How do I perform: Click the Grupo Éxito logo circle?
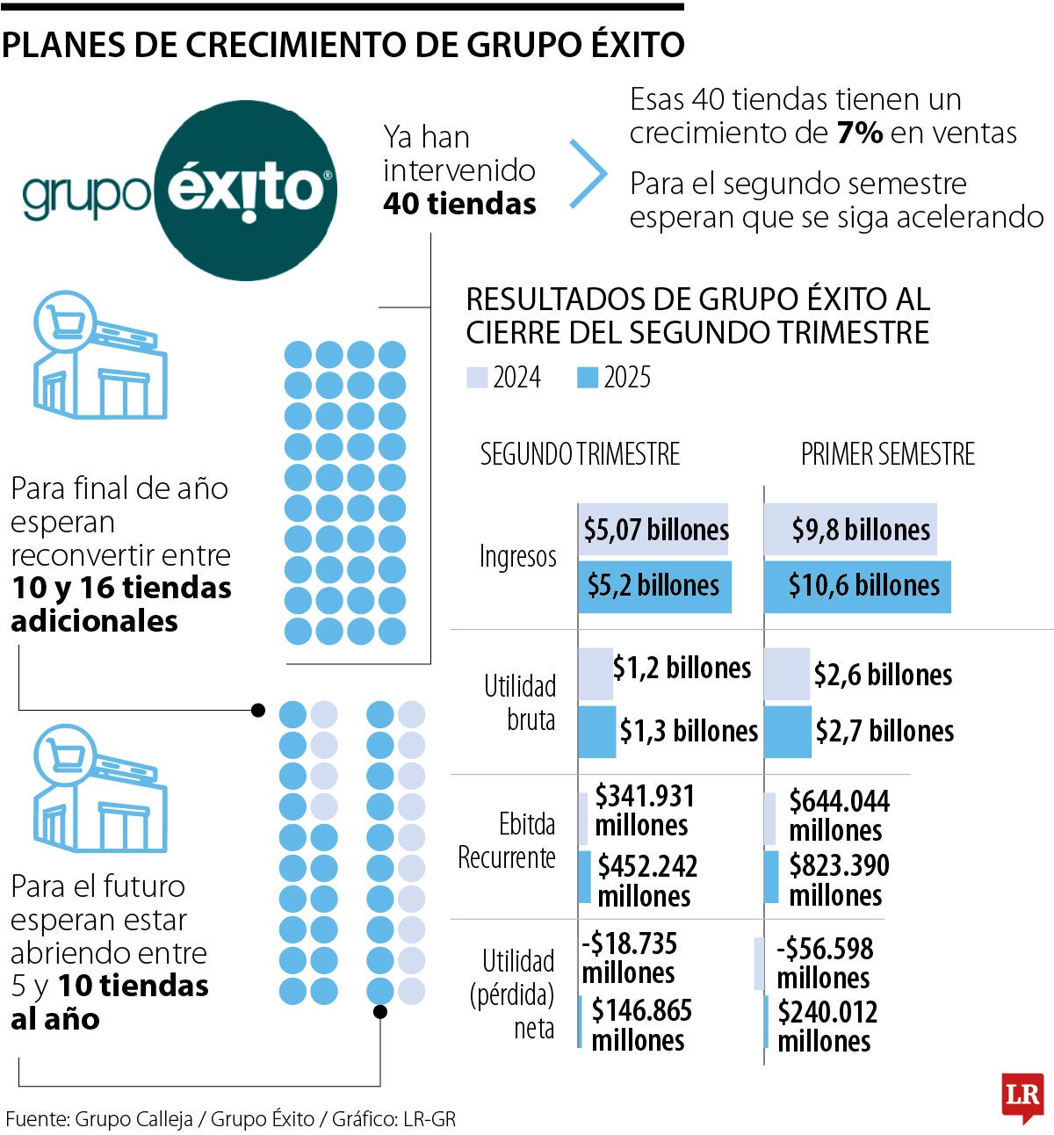246,190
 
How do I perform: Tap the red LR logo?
1022,1096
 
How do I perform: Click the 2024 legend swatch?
476,378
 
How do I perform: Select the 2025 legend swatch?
587,378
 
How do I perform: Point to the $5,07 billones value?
656,530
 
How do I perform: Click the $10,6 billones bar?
857,586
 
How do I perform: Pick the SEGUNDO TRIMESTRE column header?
580,454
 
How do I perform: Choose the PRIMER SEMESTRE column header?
887,454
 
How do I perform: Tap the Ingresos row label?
518,556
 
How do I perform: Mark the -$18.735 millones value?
629,958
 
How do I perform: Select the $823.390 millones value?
839,879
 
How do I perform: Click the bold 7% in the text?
859,133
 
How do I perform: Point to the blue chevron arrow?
589,173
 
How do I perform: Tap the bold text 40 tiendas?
459,204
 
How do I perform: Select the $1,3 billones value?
689,731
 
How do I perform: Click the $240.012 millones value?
827,1026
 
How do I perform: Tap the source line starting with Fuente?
230,1119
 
